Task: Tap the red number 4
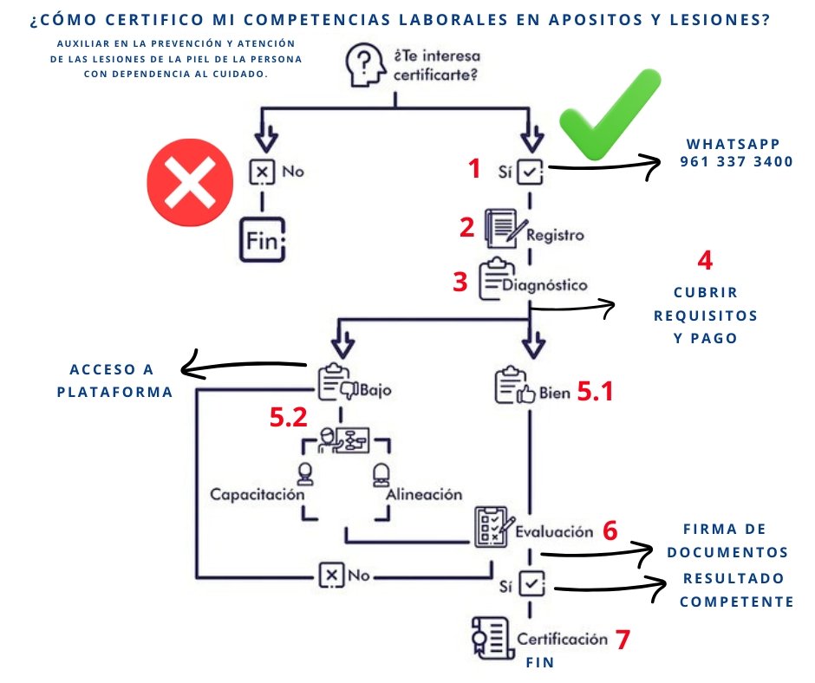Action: click(705, 261)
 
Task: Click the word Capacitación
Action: click(257, 494)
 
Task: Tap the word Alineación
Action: click(423, 494)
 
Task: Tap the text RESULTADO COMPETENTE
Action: click(736, 589)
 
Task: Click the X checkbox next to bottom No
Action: click(329, 575)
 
